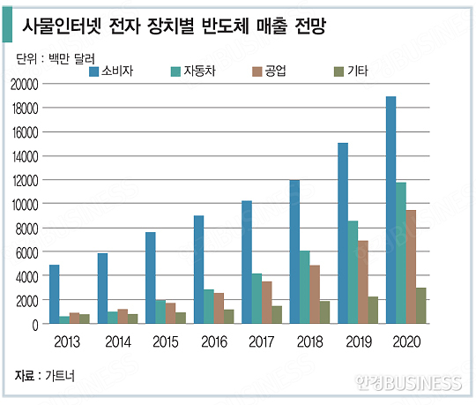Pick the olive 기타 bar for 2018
[325, 312]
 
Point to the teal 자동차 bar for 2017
[256, 299]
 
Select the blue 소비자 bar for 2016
[199, 270]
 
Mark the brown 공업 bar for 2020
[412, 266]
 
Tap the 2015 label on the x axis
[166, 341]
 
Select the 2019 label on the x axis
[359, 341]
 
